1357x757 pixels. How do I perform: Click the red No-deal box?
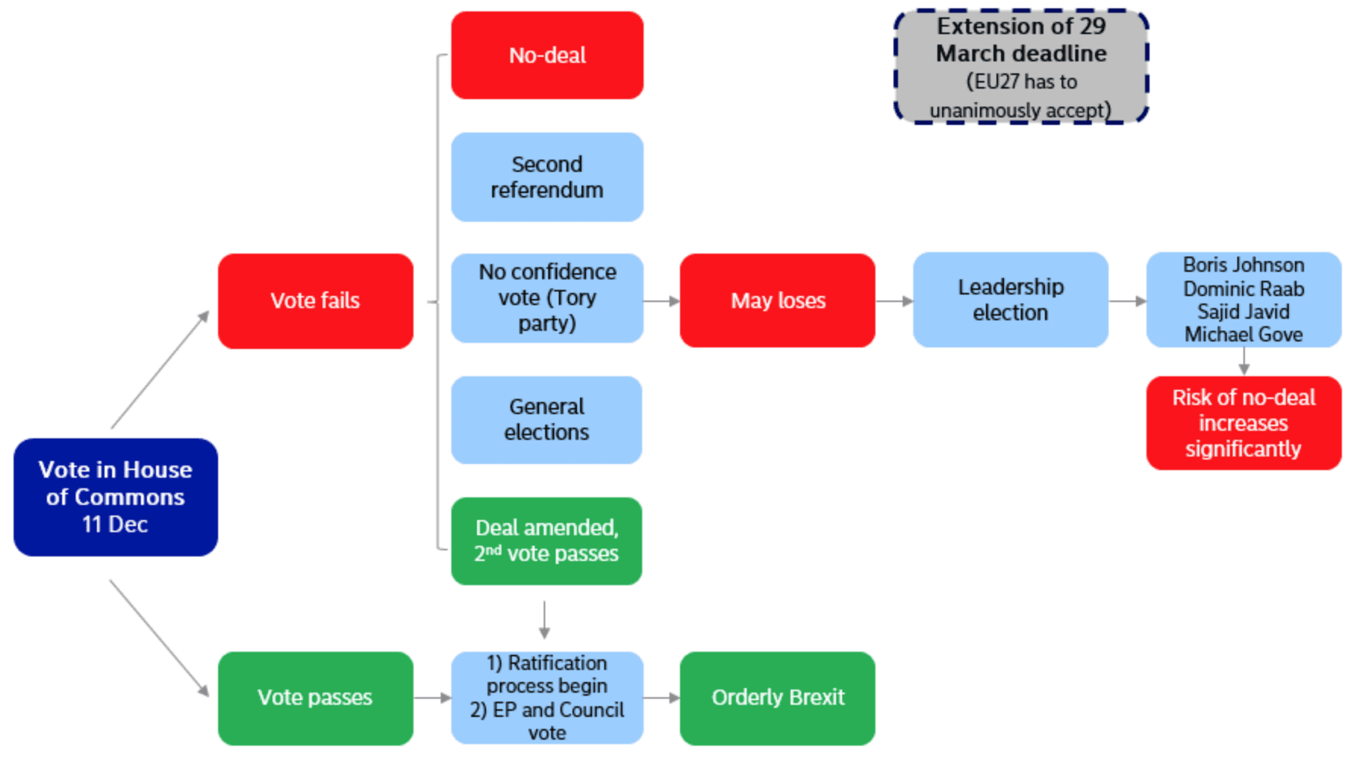pyautogui.click(x=547, y=55)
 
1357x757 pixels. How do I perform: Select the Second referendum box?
pyautogui.click(x=547, y=177)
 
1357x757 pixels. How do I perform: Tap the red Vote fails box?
pyautogui.click(x=315, y=301)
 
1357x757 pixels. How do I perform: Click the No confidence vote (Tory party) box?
pyautogui.click(x=547, y=298)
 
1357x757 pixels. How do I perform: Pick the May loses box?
pyautogui.click(x=777, y=301)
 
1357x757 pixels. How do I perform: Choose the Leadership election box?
pyautogui.click(x=1010, y=300)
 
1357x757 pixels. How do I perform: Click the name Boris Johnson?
pyautogui.click(x=1243, y=265)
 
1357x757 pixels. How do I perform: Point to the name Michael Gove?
pyautogui.click(x=1243, y=334)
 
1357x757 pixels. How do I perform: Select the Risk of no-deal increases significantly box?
pyautogui.click(x=1243, y=423)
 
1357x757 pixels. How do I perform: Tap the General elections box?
pyautogui.click(x=546, y=419)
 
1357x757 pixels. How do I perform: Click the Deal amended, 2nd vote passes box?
pyautogui.click(x=546, y=540)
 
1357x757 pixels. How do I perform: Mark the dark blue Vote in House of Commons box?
pyautogui.click(x=115, y=497)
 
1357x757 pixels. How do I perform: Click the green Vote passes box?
pyautogui.click(x=315, y=697)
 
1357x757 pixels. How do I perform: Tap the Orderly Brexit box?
pyautogui.click(x=777, y=697)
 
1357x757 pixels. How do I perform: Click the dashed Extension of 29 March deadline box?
pyautogui.click(x=1021, y=67)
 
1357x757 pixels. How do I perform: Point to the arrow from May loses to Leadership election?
pyautogui.click(x=894, y=301)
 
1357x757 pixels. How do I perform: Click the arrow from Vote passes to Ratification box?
pyautogui.click(x=432, y=697)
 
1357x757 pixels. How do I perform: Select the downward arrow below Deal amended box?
pyautogui.click(x=544, y=620)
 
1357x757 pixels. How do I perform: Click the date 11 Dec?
pyautogui.click(x=115, y=524)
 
